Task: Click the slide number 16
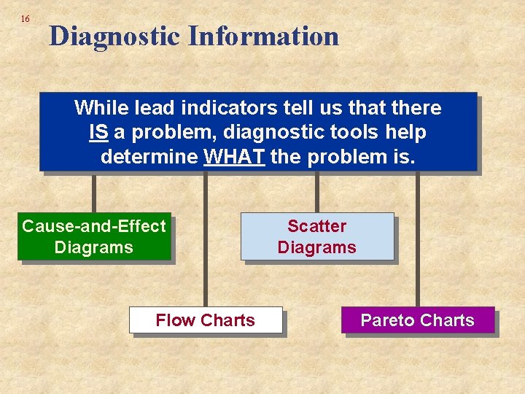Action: pos(26,18)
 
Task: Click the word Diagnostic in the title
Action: pos(114,36)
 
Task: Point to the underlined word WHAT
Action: pos(235,157)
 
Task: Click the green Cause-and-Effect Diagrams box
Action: pos(94,236)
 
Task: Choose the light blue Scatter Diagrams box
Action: pos(317,236)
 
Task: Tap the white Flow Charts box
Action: pos(206,320)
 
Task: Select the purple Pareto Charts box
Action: pos(418,320)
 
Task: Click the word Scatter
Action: pos(317,226)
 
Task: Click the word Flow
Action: pos(175,320)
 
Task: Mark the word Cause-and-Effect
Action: pos(94,226)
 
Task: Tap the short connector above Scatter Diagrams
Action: pos(316,193)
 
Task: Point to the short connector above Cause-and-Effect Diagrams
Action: pos(93,193)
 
